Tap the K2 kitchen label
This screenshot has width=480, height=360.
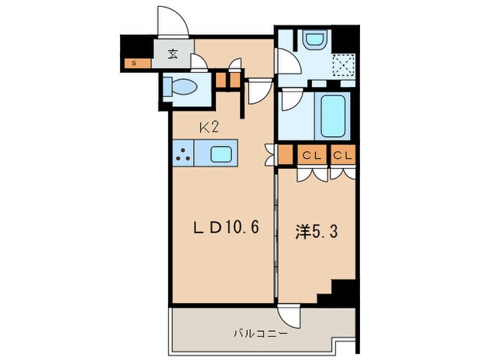pyautogui.click(x=208, y=127)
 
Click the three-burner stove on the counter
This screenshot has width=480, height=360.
pyautogui.click(x=184, y=154)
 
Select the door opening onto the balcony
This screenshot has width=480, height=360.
pyautogui.click(x=291, y=315)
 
